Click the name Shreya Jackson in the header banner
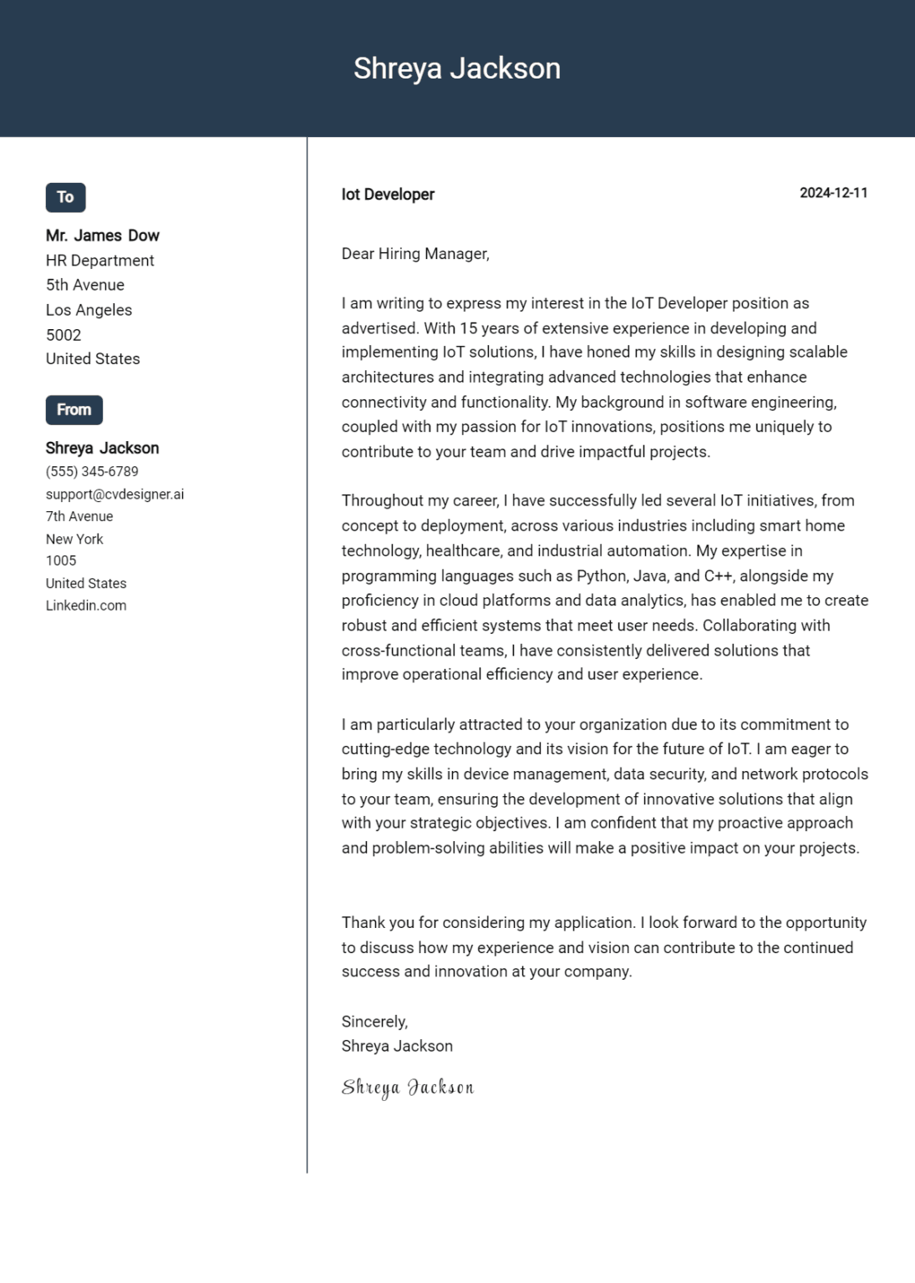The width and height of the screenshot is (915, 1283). click(456, 68)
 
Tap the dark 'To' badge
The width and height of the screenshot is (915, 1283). click(65, 197)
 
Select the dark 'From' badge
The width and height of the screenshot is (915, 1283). click(74, 410)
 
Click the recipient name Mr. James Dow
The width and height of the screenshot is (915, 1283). click(102, 236)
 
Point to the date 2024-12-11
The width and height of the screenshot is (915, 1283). click(833, 193)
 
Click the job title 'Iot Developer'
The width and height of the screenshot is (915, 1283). click(388, 195)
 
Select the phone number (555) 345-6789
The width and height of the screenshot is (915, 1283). click(92, 472)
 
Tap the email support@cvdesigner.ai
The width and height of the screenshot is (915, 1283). click(114, 494)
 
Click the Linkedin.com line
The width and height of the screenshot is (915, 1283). click(86, 606)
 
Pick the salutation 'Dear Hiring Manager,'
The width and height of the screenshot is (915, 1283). click(415, 254)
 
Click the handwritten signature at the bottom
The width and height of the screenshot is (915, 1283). click(408, 1088)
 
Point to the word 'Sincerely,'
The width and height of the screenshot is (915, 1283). click(374, 1022)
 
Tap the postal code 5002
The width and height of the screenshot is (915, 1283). click(64, 335)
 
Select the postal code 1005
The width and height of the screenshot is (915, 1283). click(61, 560)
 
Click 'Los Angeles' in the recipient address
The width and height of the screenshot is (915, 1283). click(89, 310)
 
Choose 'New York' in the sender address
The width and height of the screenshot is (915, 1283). click(74, 540)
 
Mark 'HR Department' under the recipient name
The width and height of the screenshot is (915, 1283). click(99, 261)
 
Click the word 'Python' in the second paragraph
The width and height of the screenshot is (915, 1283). click(601, 576)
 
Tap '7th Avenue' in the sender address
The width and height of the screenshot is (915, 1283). click(79, 517)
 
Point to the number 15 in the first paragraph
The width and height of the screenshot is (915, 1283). click(468, 328)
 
